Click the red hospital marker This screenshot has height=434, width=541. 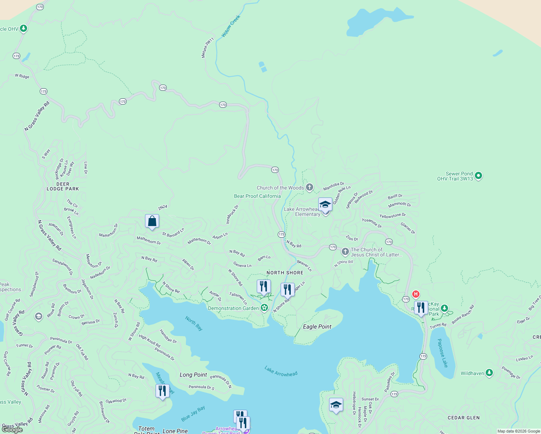tap(416, 294)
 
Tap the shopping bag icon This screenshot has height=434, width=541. tap(152, 221)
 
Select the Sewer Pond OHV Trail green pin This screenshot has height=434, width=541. tap(478, 176)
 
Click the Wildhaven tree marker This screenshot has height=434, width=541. tap(489, 373)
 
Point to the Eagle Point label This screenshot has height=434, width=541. tap(317, 327)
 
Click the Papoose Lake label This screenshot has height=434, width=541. tap(442, 353)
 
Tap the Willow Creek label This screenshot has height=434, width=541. tap(231, 26)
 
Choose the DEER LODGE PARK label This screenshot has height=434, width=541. tap(63, 186)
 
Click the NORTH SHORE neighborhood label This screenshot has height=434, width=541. tap(285, 273)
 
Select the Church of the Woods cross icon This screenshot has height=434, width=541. tap(310, 187)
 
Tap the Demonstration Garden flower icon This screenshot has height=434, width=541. tap(264, 308)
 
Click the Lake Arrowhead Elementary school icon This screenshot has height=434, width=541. tap(325, 205)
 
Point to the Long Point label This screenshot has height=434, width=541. tap(193, 375)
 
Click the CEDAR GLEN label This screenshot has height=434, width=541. tap(464, 418)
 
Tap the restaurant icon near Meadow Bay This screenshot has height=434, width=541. tap(162, 391)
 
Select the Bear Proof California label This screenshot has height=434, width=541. tap(257, 196)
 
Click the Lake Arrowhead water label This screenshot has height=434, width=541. tap(281, 371)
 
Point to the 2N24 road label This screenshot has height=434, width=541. tap(162, 207)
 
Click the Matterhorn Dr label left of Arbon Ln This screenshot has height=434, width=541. tap(199, 241)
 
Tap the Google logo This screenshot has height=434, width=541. tap(12, 429)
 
